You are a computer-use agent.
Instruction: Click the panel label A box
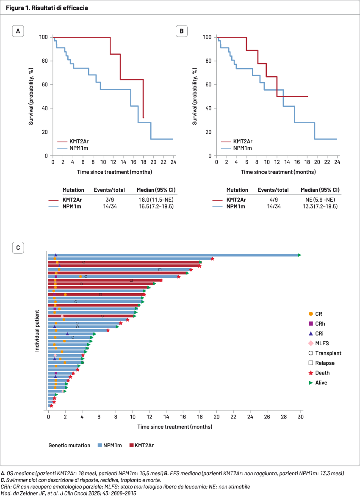[18, 31]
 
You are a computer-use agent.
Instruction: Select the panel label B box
[181, 31]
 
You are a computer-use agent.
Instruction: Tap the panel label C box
[18, 247]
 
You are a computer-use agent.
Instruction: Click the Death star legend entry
[319, 373]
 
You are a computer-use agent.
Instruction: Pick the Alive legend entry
[318, 383]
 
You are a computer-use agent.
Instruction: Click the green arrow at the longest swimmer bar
[299, 255]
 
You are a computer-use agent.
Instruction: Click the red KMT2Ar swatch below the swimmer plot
[131, 445]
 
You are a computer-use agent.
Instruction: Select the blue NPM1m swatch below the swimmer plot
[100, 445]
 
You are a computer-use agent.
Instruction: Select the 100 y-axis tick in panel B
[207, 37]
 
